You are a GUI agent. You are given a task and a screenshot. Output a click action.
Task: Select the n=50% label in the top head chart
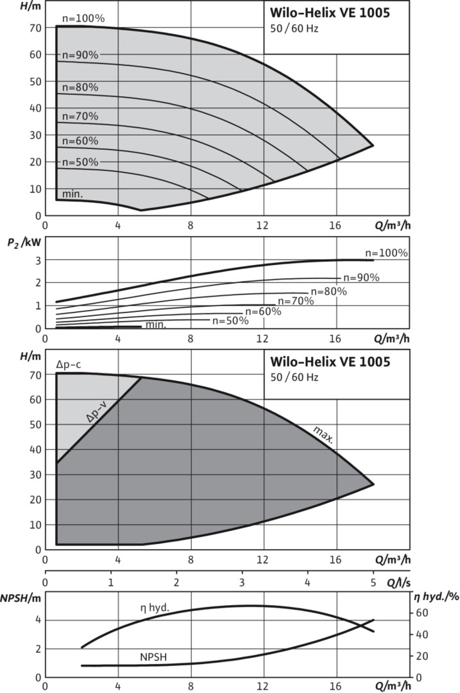(80, 162)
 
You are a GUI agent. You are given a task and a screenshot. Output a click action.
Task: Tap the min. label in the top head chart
(72, 193)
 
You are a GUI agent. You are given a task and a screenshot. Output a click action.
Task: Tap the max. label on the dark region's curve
(324, 436)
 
